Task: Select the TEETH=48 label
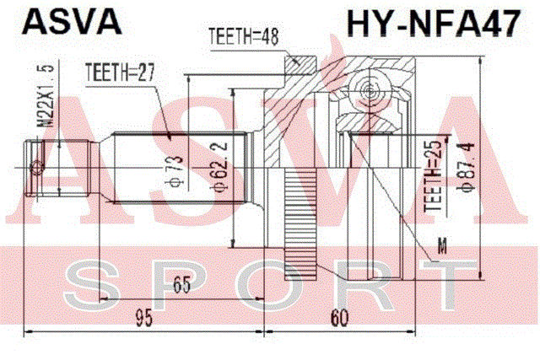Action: (243, 36)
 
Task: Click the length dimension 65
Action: (181, 285)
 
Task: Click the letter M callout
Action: (445, 244)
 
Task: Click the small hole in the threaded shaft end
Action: (35, 169)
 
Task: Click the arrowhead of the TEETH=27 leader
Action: (171, 138)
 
